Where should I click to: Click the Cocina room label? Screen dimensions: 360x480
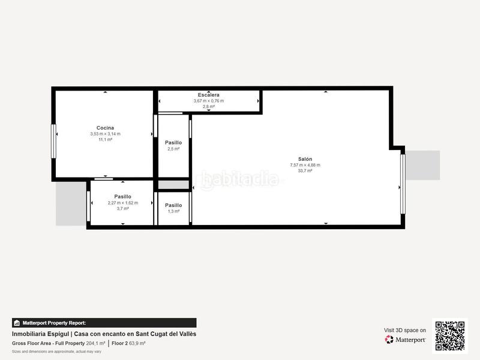click(105, 128)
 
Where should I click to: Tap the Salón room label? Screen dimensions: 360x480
click(305, 159)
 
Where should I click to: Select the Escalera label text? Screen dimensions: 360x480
click(208, 95)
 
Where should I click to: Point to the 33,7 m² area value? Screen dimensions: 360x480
click(305, 171)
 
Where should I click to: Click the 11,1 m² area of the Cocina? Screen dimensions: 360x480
click(105, 139)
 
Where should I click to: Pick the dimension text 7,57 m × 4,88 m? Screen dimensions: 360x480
click(305, 165)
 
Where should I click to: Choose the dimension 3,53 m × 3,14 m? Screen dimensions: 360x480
click(105, 134)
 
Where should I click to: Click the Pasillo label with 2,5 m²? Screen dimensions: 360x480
click(173, 143)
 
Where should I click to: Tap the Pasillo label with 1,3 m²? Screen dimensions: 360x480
click(173, 205)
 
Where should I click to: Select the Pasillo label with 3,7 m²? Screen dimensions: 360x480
click(122, 197)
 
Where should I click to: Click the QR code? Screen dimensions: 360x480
click(449, 336)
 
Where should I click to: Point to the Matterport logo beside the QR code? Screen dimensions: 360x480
click(406, 340)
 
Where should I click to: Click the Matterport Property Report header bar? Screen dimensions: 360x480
click(104, 323)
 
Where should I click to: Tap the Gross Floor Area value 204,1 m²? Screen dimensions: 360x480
click(95, 343)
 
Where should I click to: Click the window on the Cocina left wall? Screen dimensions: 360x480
click(53, 141)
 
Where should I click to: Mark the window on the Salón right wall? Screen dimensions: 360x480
click(403, 184)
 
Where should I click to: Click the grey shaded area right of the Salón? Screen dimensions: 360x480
click(423, 165)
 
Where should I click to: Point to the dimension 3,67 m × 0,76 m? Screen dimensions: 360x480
click(208, 101)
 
